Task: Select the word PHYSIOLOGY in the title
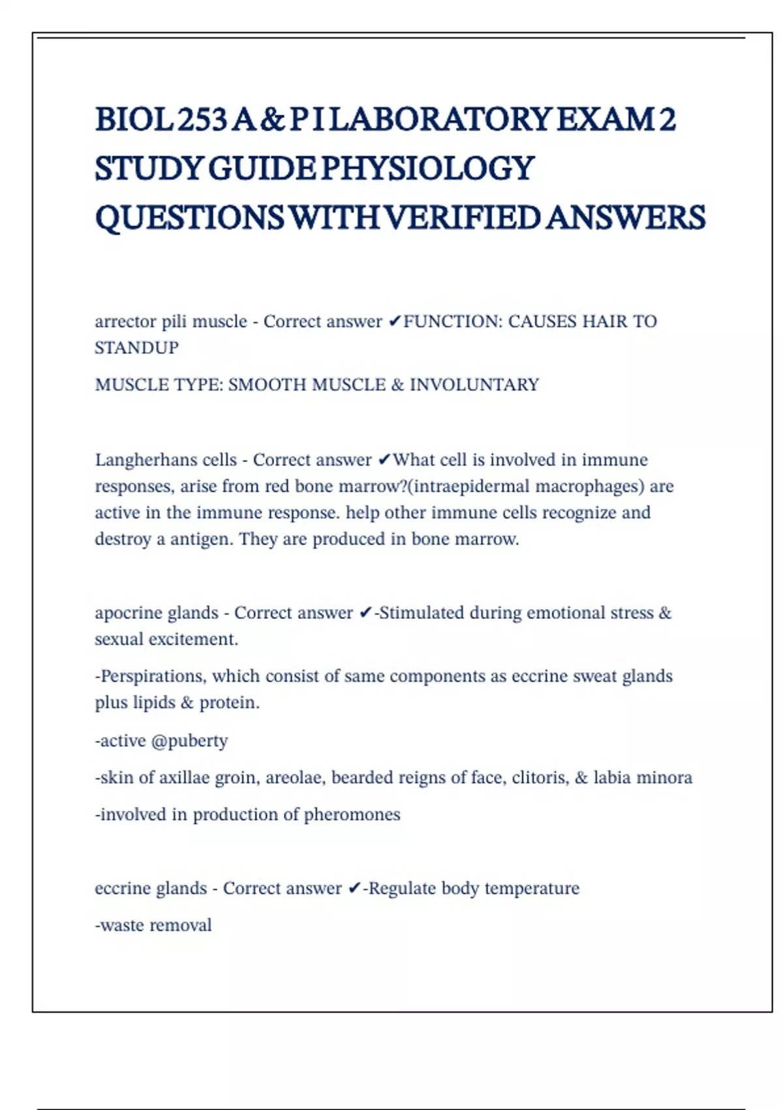pos(428,168)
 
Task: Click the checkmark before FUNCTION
pos(395,321)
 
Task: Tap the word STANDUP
pos(136,347)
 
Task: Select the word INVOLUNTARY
pos(474,385)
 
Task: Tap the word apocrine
pos(124,613)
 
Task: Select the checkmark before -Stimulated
pos(365,613)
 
